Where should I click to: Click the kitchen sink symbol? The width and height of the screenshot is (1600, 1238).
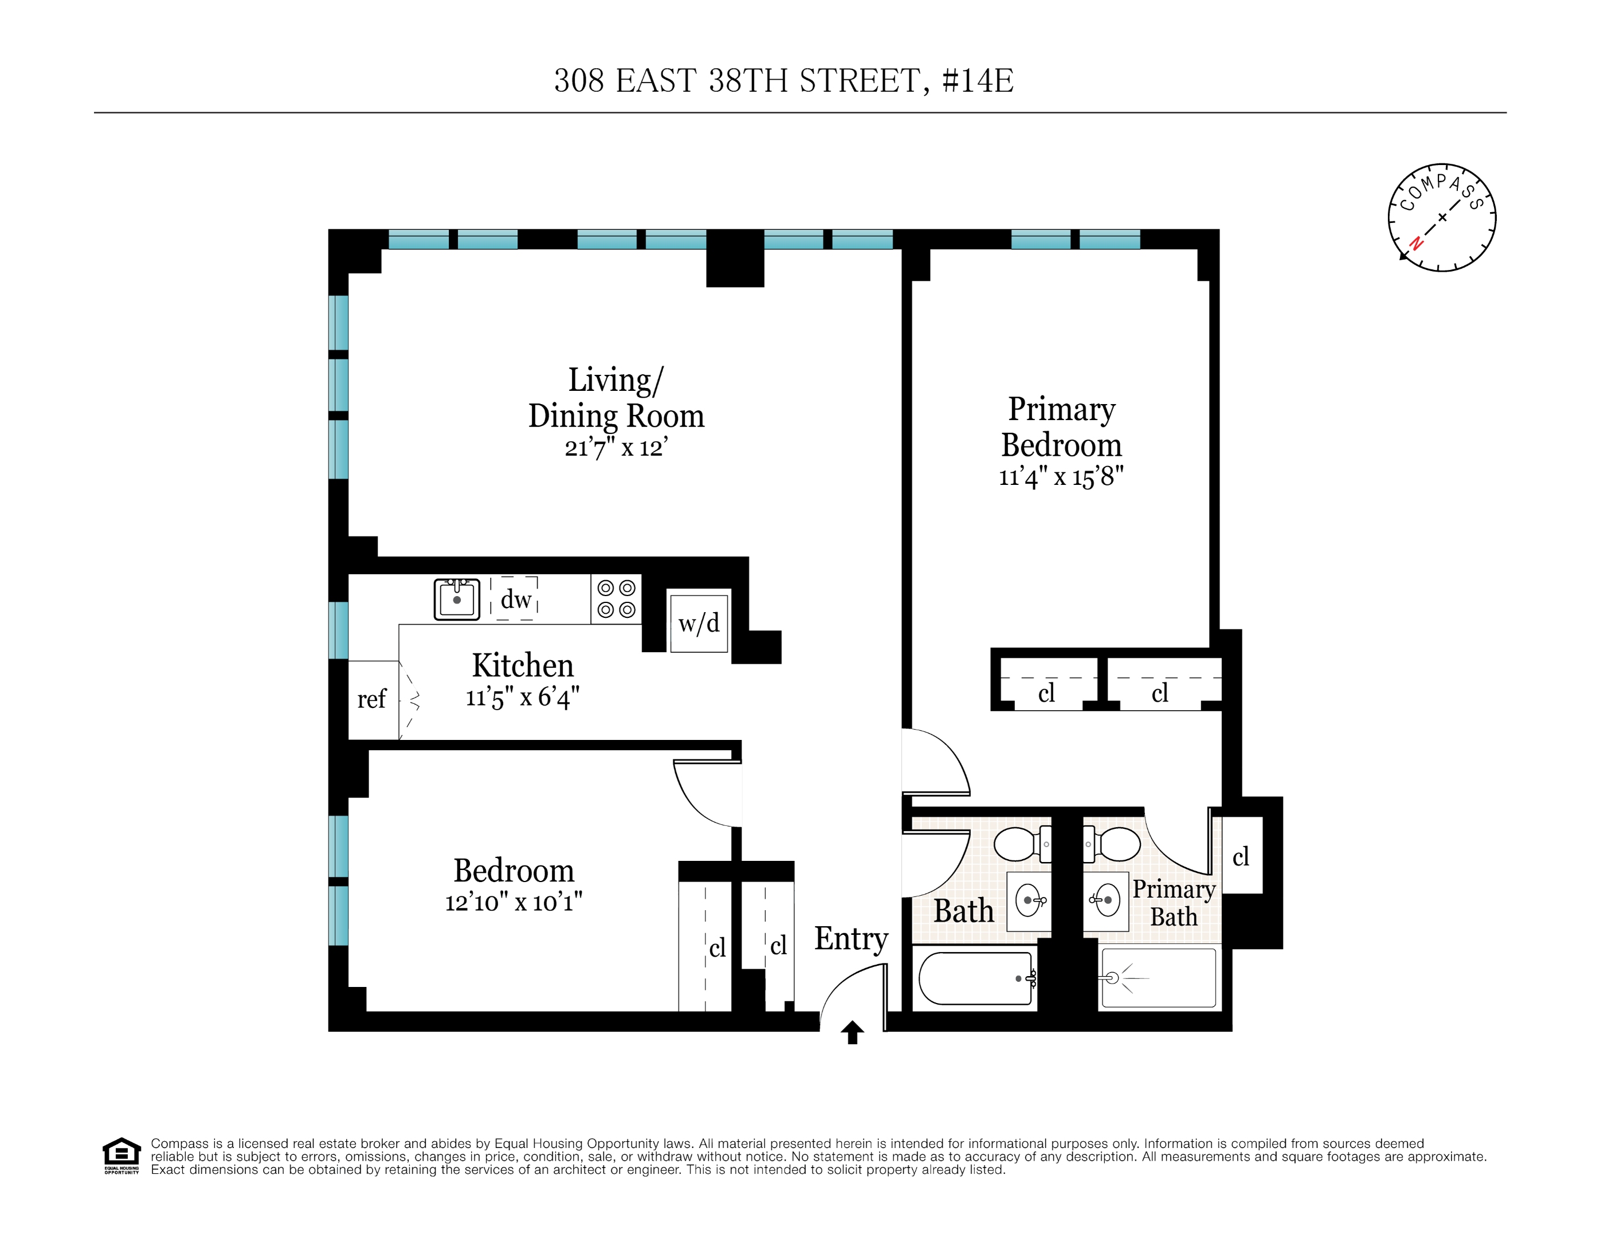(x=456, y=598)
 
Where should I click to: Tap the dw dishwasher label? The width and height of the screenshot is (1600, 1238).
(x=516, y=599)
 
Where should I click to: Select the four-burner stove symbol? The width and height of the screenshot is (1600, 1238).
(x=616, y=598)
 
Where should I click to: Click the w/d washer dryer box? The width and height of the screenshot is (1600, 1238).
(x=699, y=622)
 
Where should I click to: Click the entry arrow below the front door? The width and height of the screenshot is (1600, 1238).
(x=852, y=1032)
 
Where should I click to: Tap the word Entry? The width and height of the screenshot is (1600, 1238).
(x=850, y=938)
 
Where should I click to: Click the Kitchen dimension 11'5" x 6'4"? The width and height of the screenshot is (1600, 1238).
(x=522, y=698)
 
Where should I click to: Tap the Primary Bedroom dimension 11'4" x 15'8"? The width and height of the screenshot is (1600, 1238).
(x=1060, y=477)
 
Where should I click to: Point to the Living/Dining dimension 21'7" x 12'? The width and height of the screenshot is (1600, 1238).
(x=615, y=448)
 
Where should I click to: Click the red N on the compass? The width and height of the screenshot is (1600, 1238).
(x=1416, y=243)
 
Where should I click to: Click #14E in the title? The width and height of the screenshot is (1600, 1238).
(x=977, y=81)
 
